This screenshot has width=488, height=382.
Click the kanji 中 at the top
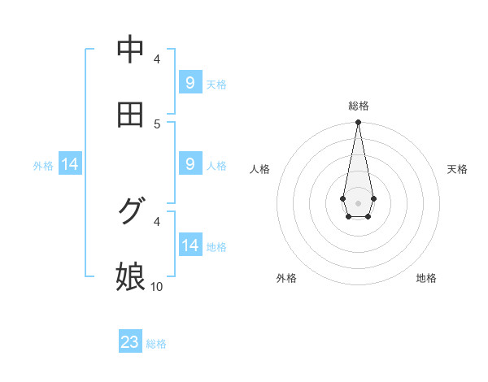130,50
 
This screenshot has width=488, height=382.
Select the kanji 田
130,115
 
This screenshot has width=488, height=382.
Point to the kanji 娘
130,276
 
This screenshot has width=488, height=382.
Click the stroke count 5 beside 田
157,124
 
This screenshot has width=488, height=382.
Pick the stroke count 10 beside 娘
157,286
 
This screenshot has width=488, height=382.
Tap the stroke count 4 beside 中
157,59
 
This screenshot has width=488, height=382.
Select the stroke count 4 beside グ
157,220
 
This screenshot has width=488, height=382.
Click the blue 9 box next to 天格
190,83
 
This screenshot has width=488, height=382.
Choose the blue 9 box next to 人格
190,164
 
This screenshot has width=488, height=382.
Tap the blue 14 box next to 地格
190,245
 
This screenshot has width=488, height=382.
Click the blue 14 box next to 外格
70,165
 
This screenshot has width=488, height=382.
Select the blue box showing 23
130,342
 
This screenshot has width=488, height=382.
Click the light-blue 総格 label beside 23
156,344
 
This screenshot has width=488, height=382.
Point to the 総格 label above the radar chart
359,106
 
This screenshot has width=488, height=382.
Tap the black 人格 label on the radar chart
260,169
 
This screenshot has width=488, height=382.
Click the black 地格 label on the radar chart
426,279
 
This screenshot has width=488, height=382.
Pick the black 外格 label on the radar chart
286,279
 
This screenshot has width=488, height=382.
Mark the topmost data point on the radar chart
358,122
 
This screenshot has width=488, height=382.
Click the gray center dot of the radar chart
358,202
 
